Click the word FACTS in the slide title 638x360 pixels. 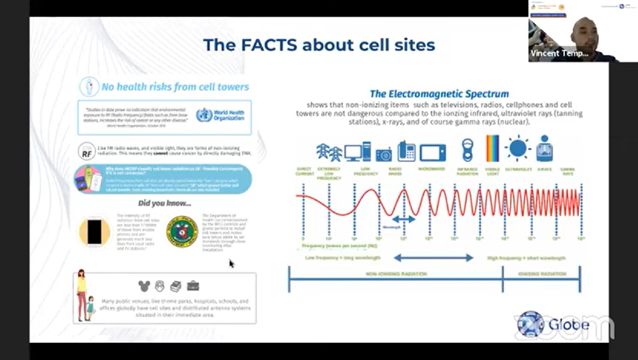click(269, 45)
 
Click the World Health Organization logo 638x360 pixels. click(204, 115)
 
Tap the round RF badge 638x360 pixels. click(86, 151)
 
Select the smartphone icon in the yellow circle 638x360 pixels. click(94, 232)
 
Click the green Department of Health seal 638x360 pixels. click(182, 232)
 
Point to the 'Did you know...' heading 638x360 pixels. click(165, 203)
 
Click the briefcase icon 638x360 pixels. click(193, 286)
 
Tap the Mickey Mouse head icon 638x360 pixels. click(144, 286)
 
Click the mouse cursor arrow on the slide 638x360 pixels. click(231, 264)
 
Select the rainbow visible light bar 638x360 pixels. click(492, 149)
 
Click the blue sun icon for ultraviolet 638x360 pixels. click(518, 149)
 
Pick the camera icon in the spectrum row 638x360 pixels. click(383, 154)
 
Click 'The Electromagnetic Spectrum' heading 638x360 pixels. click(439, 94)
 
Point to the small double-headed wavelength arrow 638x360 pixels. click(403, 219)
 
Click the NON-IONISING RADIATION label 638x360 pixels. click(396, 274)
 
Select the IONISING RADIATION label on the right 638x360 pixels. click(542, 274)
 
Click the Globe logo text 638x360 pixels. click(569, 325)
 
